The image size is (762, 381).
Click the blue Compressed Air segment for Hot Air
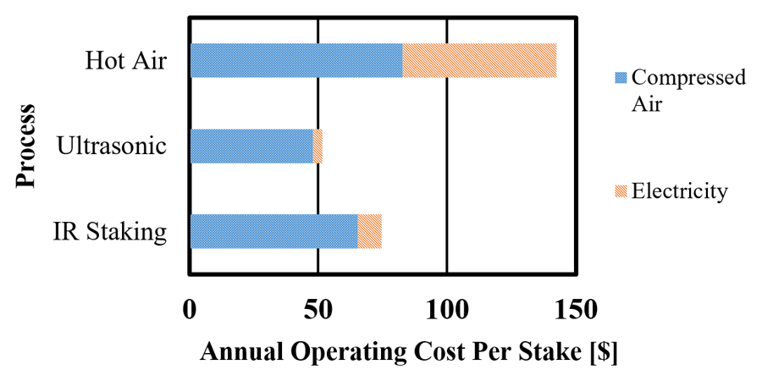[296, 60]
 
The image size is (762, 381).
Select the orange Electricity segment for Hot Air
[479, 60]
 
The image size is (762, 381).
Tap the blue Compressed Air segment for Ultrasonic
[251, 146]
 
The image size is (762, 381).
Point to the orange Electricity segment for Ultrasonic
[317, 146]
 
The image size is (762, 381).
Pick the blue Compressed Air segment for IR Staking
[273, 231]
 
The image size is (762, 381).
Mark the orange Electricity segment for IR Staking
[370, 231]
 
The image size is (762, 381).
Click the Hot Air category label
[125, 61]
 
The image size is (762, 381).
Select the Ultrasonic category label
[111, 146]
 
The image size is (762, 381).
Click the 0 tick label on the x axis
[190, 309]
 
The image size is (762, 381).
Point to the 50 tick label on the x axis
[317, 309]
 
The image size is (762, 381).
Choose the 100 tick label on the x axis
[446, 309]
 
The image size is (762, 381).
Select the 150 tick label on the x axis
[575, 309]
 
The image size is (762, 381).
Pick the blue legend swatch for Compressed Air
[619, 78]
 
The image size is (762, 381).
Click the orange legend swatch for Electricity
[619, 192]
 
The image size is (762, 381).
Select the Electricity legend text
[680, 192]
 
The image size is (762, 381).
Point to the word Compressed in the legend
[689, 78]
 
